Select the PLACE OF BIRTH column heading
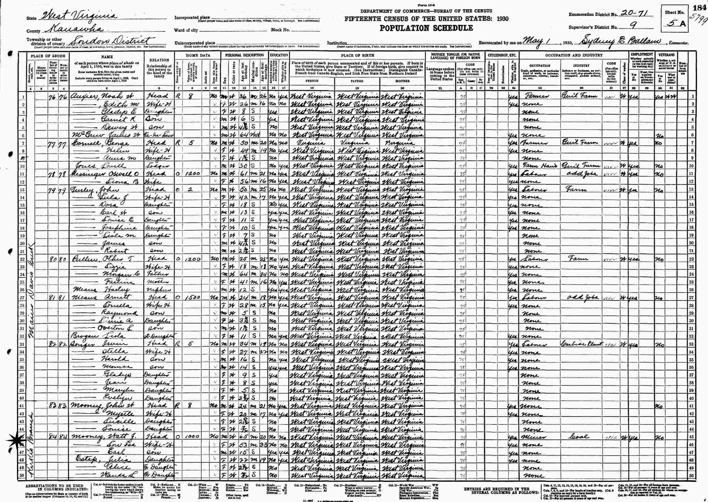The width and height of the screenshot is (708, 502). click(x=357, y=55)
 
